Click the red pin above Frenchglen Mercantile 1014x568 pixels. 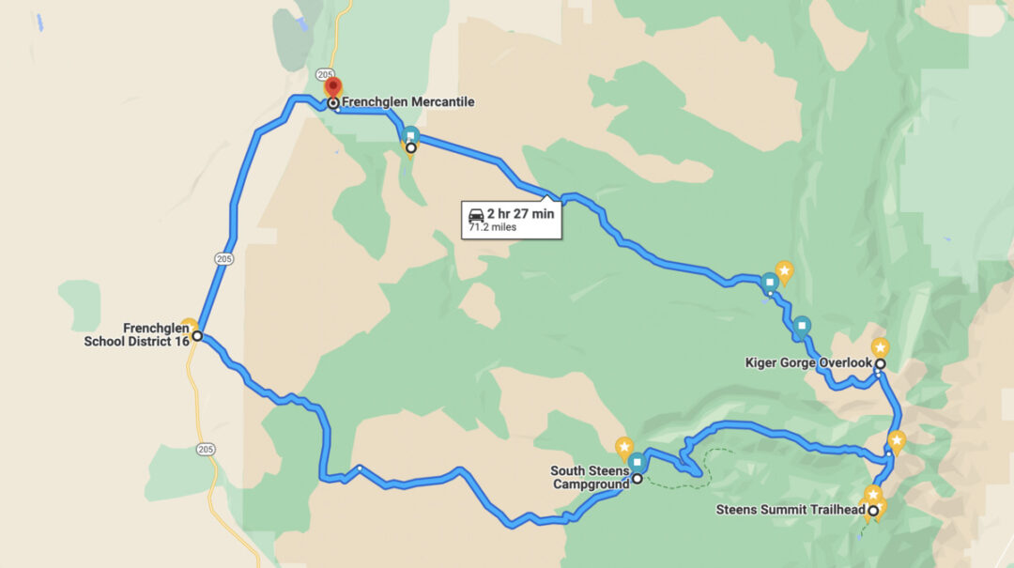(x=332, y=88)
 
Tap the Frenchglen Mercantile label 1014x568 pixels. (x=407, y=102)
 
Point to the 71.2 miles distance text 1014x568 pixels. (x=492, y=227)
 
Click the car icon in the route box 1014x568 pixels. (x=476, y=214)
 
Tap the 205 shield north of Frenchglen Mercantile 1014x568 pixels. (x=326, y=74)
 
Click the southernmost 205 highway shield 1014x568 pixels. (x=206, y=450)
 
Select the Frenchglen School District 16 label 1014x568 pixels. (x=137, y=334)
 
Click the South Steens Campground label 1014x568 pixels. (x=590, y=478)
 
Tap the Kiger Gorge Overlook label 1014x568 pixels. (x=808, y=362)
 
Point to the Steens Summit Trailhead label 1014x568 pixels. (x=791, y=511)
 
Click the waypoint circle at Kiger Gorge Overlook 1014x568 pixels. (x=881, y=363)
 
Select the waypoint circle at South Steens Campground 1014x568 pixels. (x=638, y=478)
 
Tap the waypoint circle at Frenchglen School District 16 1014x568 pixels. (x=197, y=335)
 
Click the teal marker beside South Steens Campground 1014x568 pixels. (x=638, y=462)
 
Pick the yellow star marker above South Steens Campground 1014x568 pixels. (x=622, y=446)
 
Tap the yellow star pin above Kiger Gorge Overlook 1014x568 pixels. (x=879, y=347)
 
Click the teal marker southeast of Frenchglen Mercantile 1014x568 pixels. (x=410, y=134)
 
